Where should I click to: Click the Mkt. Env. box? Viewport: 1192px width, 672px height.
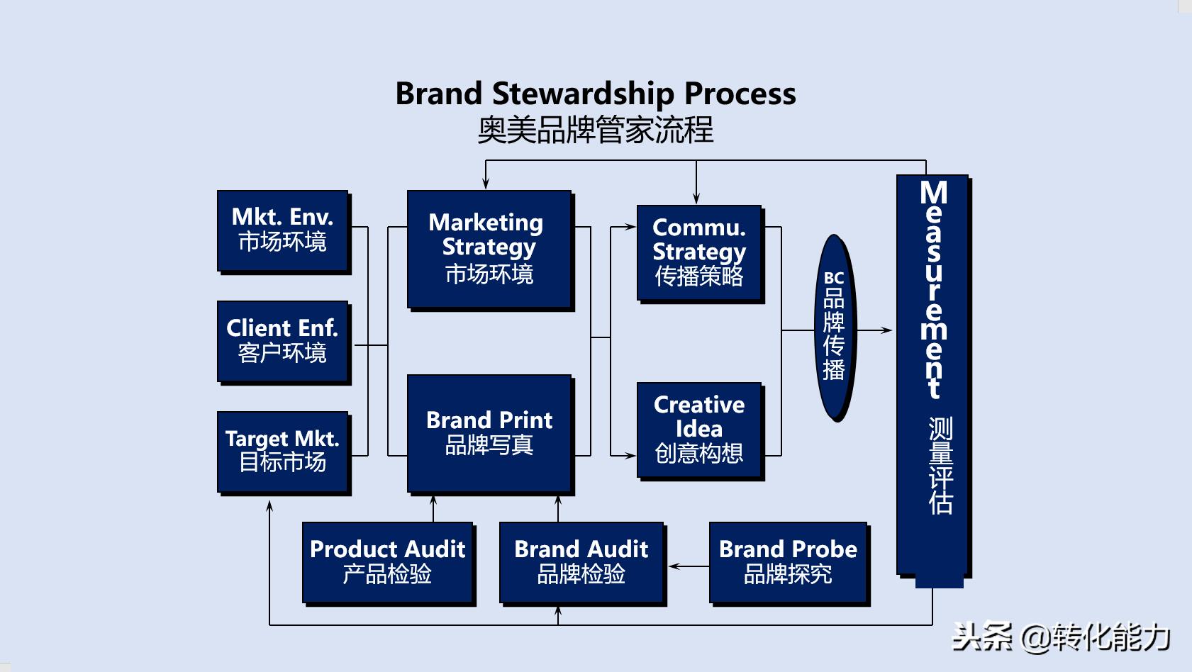(x=282, y=230)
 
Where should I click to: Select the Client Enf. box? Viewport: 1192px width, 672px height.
(x=282, y=341)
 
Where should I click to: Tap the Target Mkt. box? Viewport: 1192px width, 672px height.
(x=282, y=452)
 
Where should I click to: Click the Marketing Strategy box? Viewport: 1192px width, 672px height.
(x=489, y=249)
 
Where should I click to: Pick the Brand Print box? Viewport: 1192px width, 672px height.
(x=489, y=433)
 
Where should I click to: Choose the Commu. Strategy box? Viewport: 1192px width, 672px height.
(x=699, y=253)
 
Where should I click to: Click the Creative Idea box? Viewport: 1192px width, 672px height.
(x=699, y=430)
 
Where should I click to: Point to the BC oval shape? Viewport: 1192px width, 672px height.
(x=835, y=327)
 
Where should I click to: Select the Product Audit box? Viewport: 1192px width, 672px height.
(x=388, y=562)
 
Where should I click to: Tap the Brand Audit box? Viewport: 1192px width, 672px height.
(x=581, y=562)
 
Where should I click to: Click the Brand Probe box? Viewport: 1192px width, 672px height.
(x=788, y=562)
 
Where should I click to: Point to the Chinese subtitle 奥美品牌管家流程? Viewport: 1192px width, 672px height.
(x=596, y=130)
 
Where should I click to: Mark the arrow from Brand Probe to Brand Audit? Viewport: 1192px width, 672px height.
(x=688, y=566)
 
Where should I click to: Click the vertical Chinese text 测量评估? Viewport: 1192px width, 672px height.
(x=940, y=465)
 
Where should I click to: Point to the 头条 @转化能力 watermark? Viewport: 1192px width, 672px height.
(x=1060, y=637)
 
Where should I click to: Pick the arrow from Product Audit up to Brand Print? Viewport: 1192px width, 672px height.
(x=433, y=508)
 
